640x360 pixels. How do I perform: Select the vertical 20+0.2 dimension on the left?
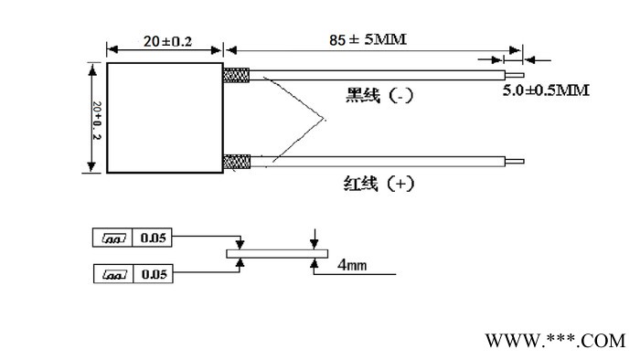coord(94,117)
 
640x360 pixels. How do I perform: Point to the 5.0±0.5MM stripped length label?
coord(546,90)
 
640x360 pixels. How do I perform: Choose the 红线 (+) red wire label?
coord(371,183)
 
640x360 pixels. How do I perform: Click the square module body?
coord(165,117)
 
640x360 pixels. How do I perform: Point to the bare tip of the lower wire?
coord(517,162)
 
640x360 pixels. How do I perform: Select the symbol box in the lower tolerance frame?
coord(114,273)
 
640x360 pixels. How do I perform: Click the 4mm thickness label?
coord(352,265)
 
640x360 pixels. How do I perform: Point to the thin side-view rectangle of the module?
coord(275,252)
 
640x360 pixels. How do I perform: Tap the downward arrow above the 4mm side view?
coord(314,238)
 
